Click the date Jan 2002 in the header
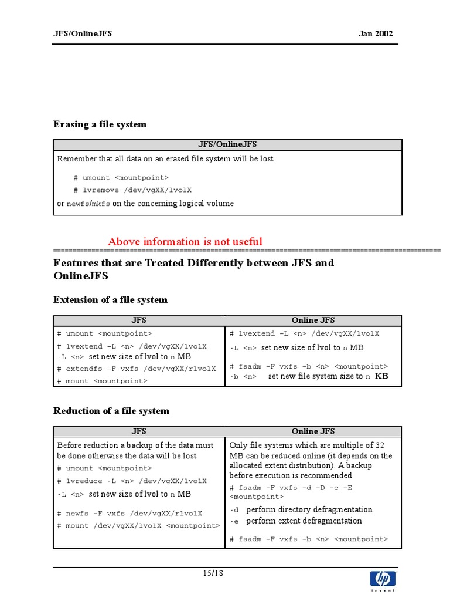(x=376, y=33)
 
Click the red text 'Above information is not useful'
(x=185, y=242)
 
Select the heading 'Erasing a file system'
(x=100, y=124)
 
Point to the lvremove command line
(x=132, y=190)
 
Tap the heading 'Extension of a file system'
(x=110, y=300)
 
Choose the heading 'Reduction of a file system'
(x=111, y=411)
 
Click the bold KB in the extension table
(x=381, y=376)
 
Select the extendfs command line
(x=137, y=369)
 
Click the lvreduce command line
(x=132, y=481)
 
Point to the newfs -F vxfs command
(x=130, y=513)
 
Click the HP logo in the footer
(x=383, y=580)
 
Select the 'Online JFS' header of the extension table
(x=313, y=320)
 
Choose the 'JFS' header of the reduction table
(x=139, y=431)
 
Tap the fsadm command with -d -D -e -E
(x=291, y=488)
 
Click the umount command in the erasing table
(x=121, y=177)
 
